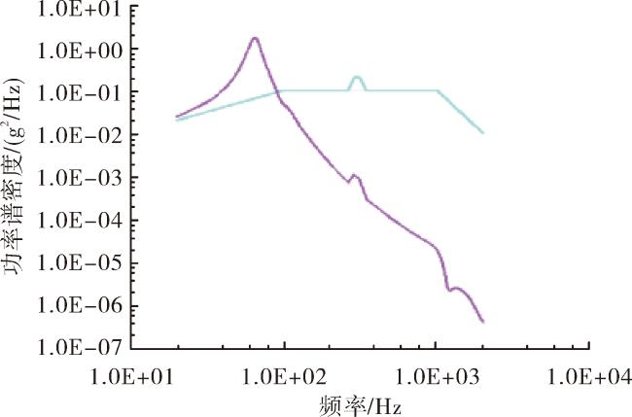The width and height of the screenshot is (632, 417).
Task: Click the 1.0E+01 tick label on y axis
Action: (x=80, y=9)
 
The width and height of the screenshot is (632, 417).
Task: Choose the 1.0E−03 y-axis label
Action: (x=80, y=179)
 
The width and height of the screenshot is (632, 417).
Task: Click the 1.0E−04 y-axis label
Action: (x=80, y=222)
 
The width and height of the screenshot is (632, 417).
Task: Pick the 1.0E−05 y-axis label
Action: (x=80, y=264)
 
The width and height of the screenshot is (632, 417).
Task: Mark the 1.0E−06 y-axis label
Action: (x=80, y=307)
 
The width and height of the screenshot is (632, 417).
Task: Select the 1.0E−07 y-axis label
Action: (x=80, y=348)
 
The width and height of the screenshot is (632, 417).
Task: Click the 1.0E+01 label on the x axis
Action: (x=133, y=377)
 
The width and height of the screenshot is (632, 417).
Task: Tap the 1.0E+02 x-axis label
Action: (x=285, y=377)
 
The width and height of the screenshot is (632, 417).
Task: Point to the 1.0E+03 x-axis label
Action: (x=438, y=377)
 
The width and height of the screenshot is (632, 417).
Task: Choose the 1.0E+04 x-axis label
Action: (x=589, y=377)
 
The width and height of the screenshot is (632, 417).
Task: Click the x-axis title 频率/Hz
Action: (x=360, y=405)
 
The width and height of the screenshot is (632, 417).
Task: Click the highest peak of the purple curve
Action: (x=255, y=38)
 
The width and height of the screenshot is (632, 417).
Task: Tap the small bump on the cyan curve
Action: (x=357, y=77)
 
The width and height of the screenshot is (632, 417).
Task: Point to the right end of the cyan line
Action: (x=483, y=132)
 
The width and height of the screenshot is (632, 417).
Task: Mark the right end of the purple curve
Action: (x=483, y=322)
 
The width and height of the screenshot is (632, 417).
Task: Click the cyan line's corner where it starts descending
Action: (x=438, y=90)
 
